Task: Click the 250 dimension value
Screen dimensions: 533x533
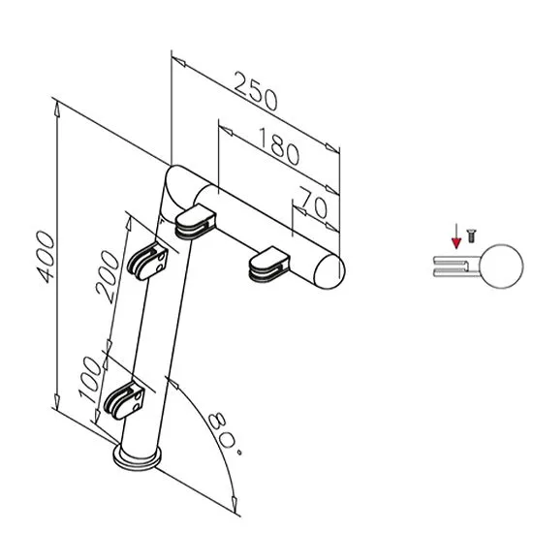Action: (256, 91)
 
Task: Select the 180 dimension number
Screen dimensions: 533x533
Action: (279, 146)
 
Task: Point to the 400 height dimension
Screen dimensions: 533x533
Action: (46, 257)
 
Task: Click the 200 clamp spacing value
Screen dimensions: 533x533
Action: (108, 276)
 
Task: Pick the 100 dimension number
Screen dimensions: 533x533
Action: (90, 379)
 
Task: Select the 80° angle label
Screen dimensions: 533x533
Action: (226, 434)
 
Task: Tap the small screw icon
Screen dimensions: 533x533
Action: (471, 235)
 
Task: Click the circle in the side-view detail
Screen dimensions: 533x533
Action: (502, 266)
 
